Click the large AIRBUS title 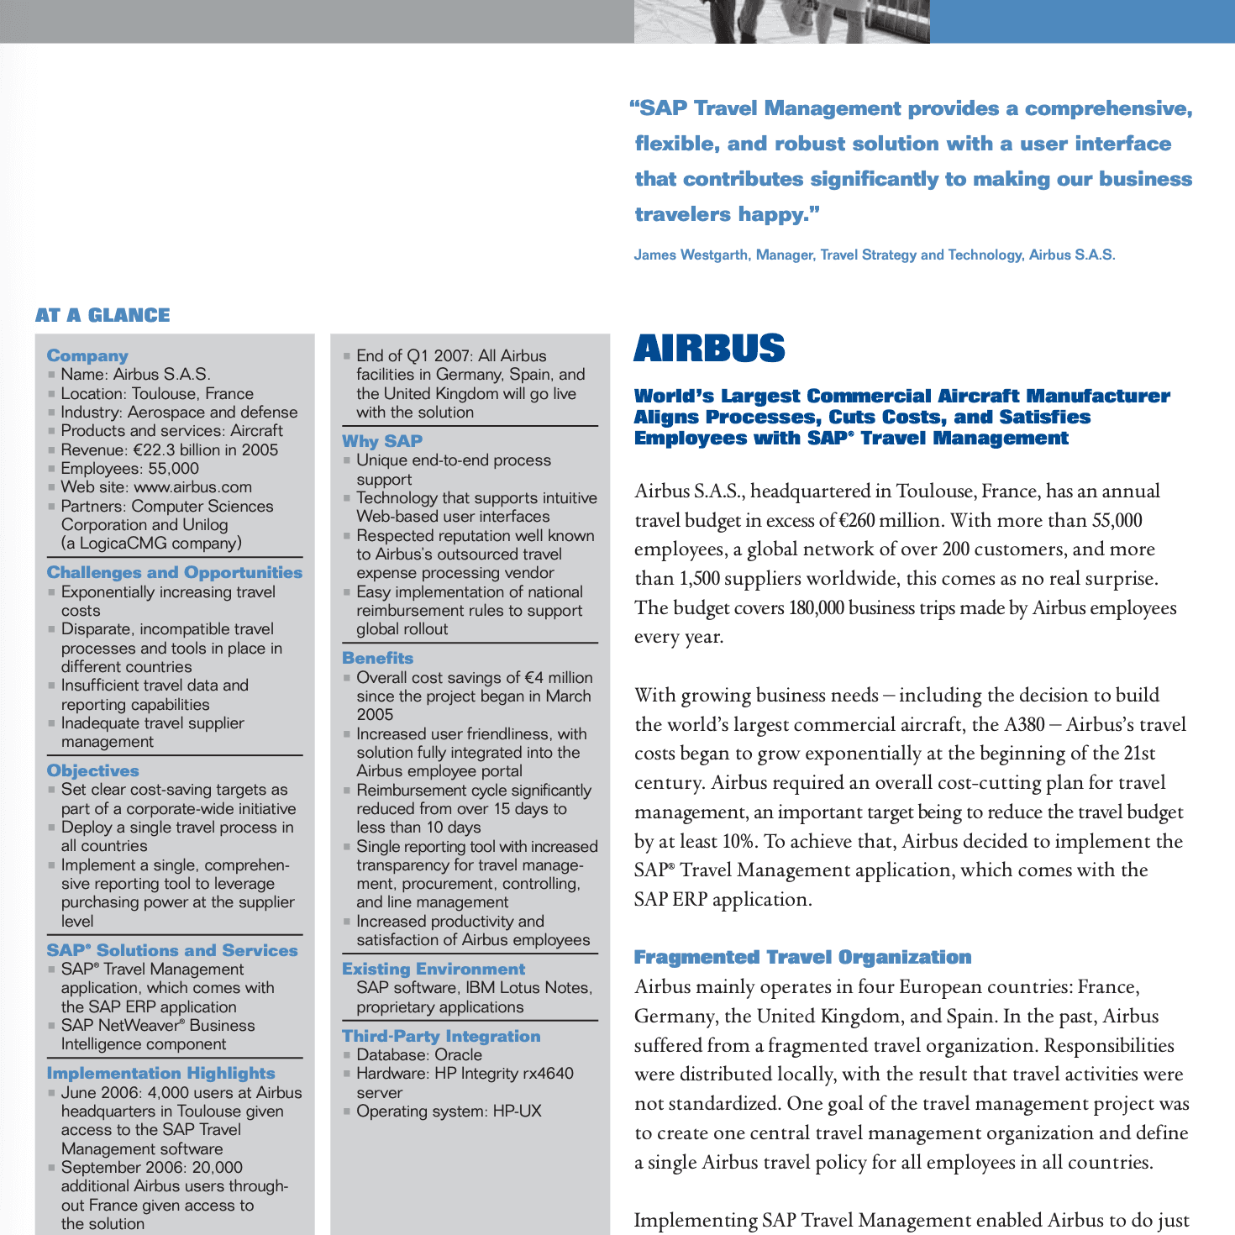(x=709, y=349)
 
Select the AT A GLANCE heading (x=102, y=315)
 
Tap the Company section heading (x=87, y=355)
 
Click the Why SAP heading (x=382, y=441)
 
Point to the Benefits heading (x=378, y=659)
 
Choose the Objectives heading (x=93, y=770)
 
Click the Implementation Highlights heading (x=161, y=1073)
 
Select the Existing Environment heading (x=434, y=969)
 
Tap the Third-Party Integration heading (x=441, y=1036)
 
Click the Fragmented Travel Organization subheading (x=802, y=957)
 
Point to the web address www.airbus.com (x=192, y=487)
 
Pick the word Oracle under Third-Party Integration (x=459, y=1055)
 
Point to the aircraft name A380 (x=1025, y=724)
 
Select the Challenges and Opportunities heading (x=175, y=572)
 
